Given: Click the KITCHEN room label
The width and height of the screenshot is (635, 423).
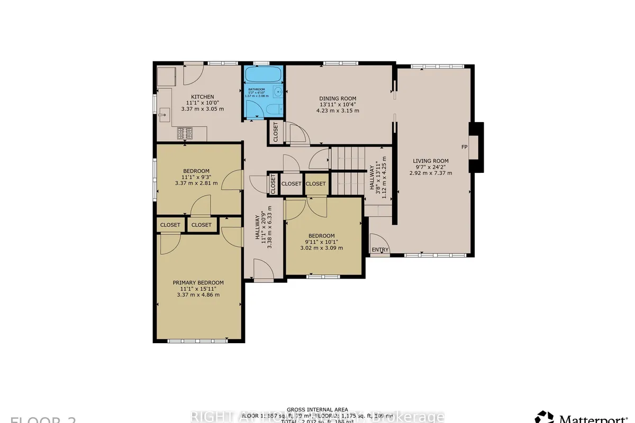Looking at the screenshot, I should pyautogui.click(x=203, y=96).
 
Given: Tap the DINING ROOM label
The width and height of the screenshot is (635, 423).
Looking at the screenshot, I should pyautogui.click(x=338, y=98).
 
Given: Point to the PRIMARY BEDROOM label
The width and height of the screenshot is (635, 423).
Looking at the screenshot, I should pyautogui.click(x=198, y=282).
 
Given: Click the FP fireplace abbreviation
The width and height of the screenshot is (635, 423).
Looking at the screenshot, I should pyautogui.click(x=464, y=146).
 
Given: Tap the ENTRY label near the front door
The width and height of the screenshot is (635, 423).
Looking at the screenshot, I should pyautogui.click(x=380, y=250).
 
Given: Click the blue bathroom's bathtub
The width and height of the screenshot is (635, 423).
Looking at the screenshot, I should pyautogui.click(x=263, y=73).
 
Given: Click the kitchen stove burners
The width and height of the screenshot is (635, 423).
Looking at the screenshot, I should pyautogui.click(x=185, y=132).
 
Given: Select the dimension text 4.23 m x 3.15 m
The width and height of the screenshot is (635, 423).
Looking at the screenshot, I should pyautogui.click(x=338, y=111).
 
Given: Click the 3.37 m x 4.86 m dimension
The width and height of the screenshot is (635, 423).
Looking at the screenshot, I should pyautogui.click(x=198, y=295).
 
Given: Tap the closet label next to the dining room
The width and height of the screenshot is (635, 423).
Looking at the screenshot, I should pyautogui.click(x=276, y=132).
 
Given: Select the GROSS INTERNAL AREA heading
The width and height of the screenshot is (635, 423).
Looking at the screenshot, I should pyautogui.click(x=317, y=409).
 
